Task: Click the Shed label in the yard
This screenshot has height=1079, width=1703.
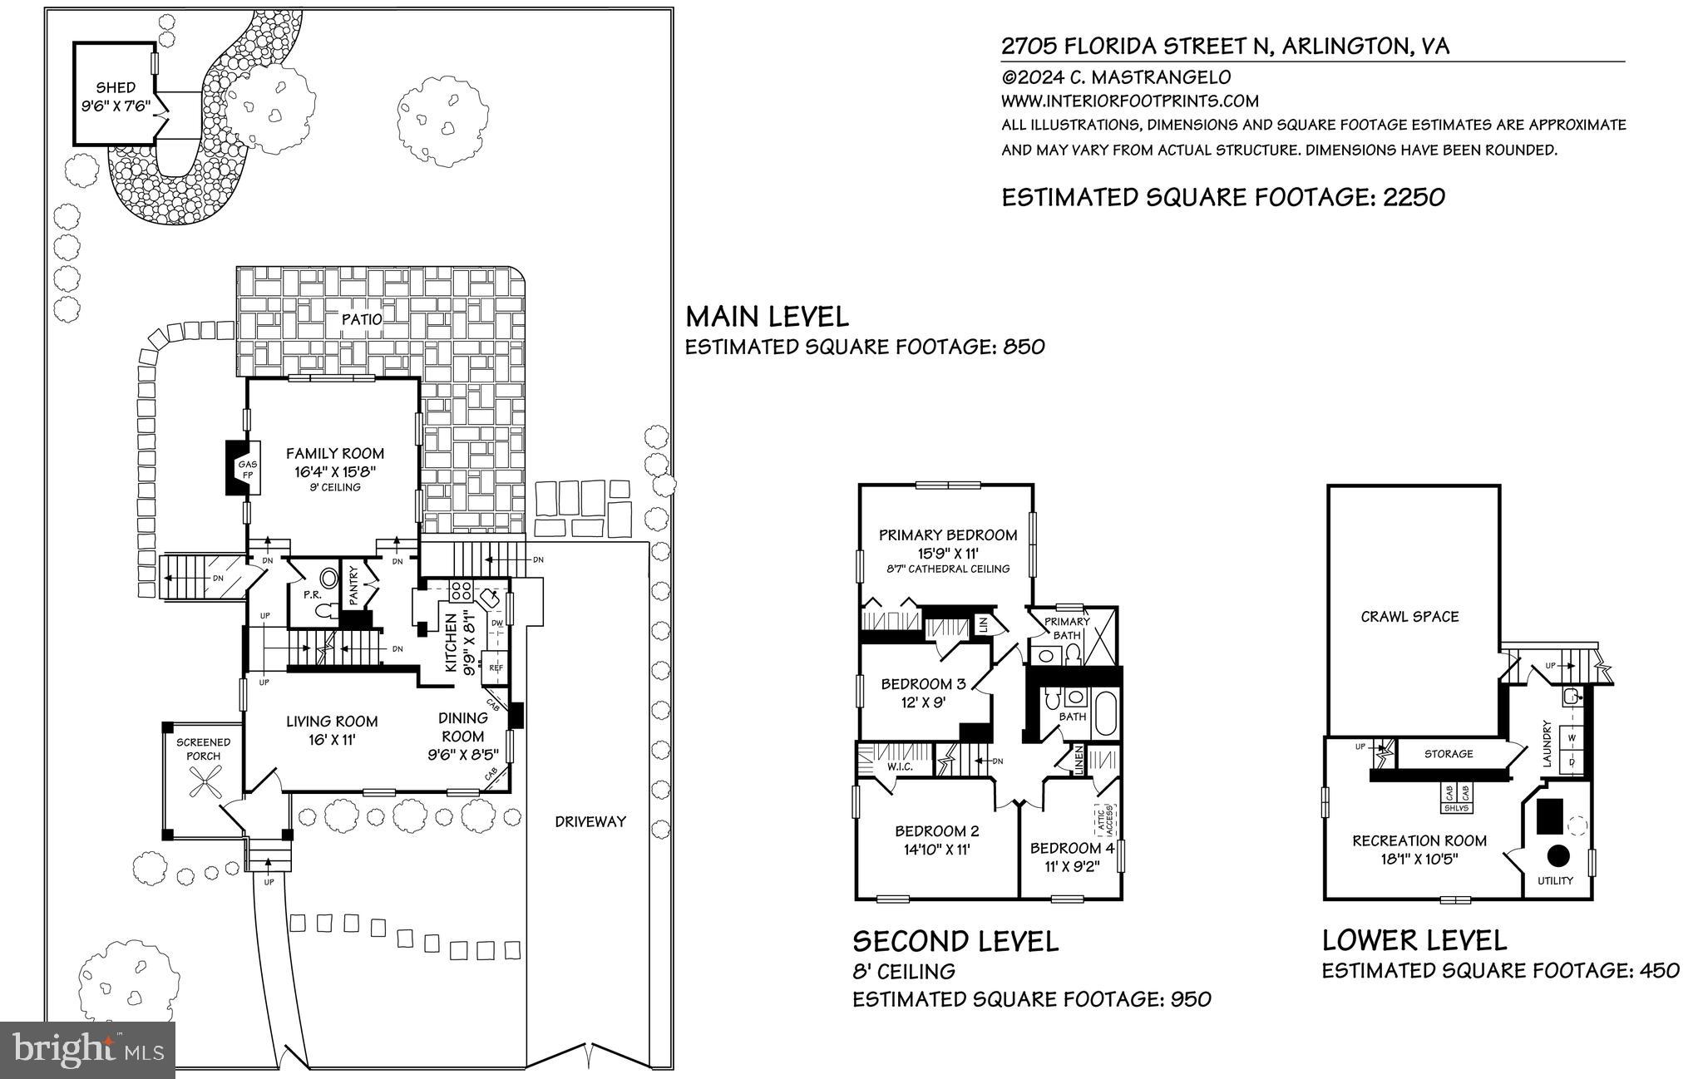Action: coord(115,87)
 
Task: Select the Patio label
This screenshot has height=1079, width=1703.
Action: coord(362,319)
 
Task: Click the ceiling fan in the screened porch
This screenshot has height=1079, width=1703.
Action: coord(203,782)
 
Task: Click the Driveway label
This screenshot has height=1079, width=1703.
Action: coord(590,821)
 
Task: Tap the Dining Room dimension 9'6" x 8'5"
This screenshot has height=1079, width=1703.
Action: coord(462,756)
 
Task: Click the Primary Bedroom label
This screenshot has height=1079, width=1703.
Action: coord(948,535)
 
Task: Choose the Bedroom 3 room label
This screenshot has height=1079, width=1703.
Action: coord(923,684)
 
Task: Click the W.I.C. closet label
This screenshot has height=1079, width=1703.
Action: coord(900,766)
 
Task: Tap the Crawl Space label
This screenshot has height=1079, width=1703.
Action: coord(1409,616)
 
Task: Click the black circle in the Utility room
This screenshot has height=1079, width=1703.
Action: coord(1557,855)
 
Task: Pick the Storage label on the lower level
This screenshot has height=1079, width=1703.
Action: coord(1448,754)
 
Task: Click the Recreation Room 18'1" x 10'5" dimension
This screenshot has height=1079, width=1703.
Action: coord(1419,858)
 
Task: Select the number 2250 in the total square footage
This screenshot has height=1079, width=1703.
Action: coord(1413,197)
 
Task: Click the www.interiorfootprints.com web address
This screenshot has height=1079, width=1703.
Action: coord(1130,101)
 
